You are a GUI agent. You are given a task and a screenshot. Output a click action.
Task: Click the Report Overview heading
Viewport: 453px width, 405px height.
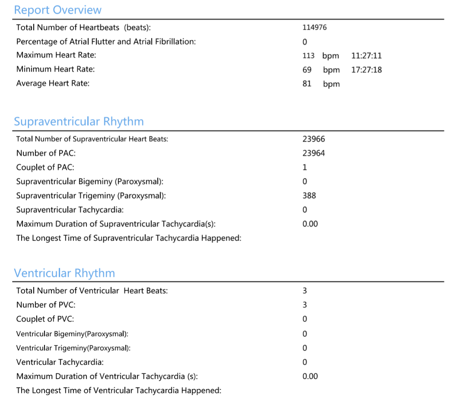coord(57,10)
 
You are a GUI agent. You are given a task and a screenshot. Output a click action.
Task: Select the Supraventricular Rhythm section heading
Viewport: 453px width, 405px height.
coord(79,121)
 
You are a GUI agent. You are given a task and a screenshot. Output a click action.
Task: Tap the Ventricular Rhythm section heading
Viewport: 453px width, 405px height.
coord(64,273)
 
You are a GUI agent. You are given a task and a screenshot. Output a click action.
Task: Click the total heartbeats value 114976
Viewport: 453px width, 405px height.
coord(314,28)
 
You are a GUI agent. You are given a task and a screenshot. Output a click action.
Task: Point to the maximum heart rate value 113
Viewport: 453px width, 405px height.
coord(308,56)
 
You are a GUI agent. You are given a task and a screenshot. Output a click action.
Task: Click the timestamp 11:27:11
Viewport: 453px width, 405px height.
coord(367,56)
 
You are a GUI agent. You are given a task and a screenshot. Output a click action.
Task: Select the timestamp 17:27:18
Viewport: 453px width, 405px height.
coord(367,70)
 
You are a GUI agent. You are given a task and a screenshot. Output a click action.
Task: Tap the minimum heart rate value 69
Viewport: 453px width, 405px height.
coord(307,70)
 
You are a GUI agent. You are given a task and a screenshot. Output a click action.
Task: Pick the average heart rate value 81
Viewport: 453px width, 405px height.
coord(307,84)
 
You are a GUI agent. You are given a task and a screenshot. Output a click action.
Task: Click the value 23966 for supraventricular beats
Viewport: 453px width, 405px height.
coord(314,139)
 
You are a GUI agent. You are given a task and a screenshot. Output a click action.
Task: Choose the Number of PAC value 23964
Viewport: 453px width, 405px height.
coord(314,153)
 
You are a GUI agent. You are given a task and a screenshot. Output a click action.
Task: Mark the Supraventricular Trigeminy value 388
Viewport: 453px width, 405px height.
coord(309,196)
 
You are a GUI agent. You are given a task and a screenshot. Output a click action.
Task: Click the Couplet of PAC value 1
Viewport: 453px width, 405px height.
coord(305,168)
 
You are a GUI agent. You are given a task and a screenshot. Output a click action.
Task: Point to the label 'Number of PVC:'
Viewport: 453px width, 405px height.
coord(46,305)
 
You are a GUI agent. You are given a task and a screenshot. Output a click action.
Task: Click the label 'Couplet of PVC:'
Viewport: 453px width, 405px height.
coord(45,319)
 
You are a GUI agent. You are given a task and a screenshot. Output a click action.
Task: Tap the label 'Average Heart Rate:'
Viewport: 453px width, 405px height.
coord(53,83)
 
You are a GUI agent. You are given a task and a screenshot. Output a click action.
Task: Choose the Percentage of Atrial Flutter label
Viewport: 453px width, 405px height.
coord(106,42)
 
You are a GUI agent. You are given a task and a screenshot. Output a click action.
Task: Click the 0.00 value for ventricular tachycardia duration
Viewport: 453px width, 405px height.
coord(310,376)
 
